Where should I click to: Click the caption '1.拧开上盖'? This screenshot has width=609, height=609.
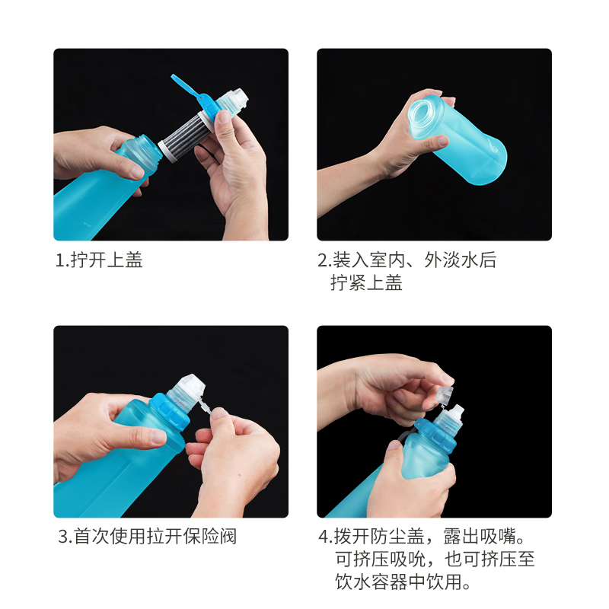click(99, 260)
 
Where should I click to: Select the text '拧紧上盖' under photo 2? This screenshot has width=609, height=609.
click(367, 283)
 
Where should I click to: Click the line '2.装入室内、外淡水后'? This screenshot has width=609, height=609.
click(407, 260)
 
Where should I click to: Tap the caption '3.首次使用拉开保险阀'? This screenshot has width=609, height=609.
click(147, 536)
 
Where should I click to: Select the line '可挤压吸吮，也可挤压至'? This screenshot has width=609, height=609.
click(435, 560)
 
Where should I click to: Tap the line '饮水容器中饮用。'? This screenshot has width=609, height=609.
click(404, 583)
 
